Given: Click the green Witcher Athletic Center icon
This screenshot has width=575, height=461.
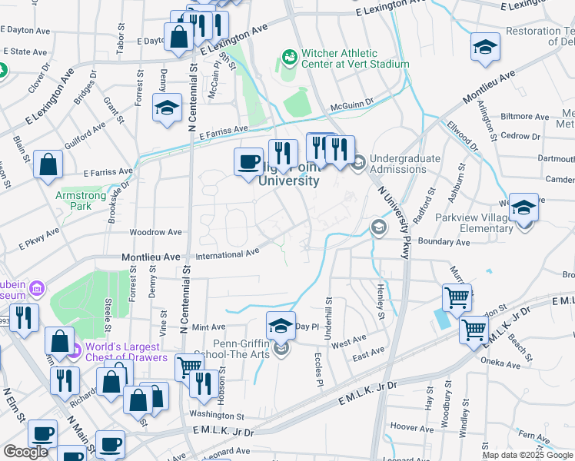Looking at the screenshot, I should [x=289, y=57].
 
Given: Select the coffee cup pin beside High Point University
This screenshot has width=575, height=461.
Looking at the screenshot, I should [x=248, y=162].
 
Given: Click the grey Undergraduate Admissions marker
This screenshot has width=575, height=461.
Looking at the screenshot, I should [x=358, y=161].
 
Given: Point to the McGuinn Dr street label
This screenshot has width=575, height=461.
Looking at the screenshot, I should [x=351, y=101].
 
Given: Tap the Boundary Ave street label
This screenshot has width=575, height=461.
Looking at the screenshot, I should [x=443, y=242].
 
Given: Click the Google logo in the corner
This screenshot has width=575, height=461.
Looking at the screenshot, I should [x=25, y=452].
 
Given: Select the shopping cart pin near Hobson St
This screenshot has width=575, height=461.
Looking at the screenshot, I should [x=188, y=366].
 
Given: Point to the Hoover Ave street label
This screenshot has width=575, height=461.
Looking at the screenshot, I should [x=413, y=426].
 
